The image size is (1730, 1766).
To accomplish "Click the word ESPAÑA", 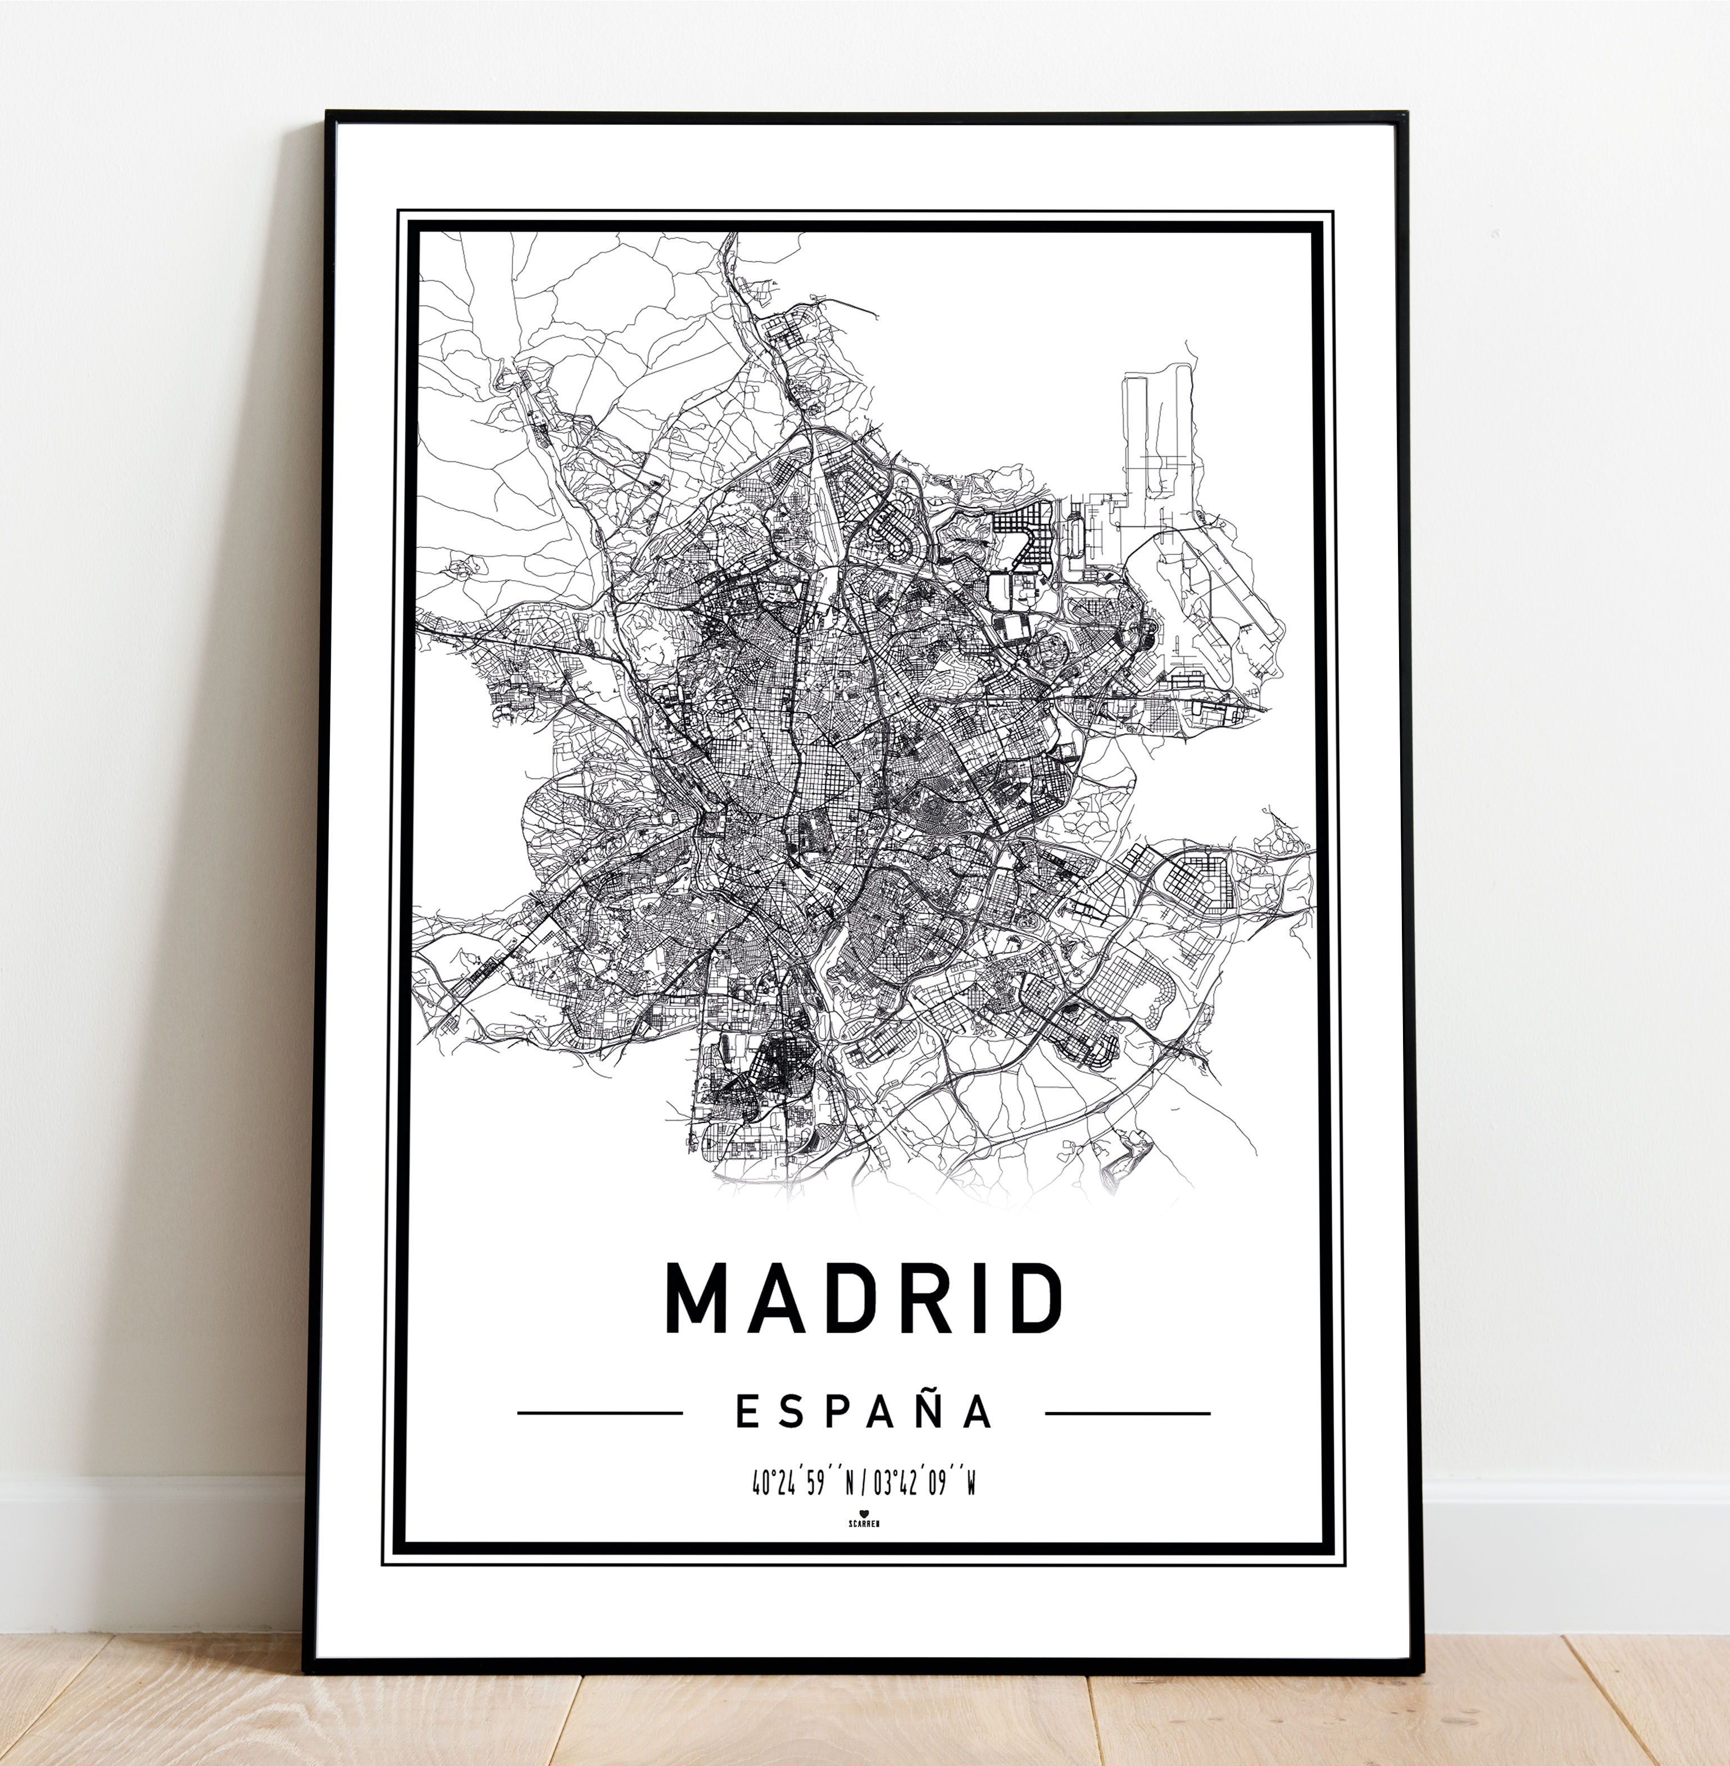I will (863, 1412).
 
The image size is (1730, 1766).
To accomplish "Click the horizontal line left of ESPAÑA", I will (600, 1413).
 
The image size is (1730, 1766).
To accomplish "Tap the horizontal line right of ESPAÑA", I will (1128, 1413).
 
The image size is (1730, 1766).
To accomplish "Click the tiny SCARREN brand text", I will (863, 1522).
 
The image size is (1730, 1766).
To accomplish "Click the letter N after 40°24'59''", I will (850, 1485).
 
